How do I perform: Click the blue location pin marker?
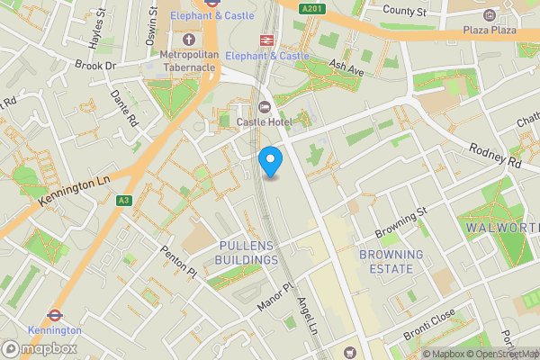tap(270, 161)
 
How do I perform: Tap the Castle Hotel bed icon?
tap(265, 107)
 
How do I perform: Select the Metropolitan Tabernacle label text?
tap(189, 61)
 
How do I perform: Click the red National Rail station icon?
tap(266, 40)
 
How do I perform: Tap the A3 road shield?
tap(124, 201)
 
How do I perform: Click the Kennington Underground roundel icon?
tap(54, 316)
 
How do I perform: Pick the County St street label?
tap(403, 11)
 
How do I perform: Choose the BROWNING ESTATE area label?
tap(391, 262)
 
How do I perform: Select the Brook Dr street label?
tap(96, 66)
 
